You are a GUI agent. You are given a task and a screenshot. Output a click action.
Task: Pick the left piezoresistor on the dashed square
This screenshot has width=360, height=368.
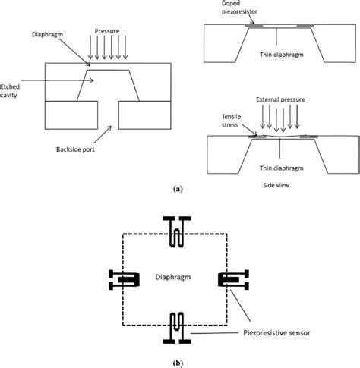[125, 279]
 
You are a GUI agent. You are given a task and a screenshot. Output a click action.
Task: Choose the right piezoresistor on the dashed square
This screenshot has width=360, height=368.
[229, 279]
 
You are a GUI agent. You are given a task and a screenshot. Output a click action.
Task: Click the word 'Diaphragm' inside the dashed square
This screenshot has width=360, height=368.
[174, 278]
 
